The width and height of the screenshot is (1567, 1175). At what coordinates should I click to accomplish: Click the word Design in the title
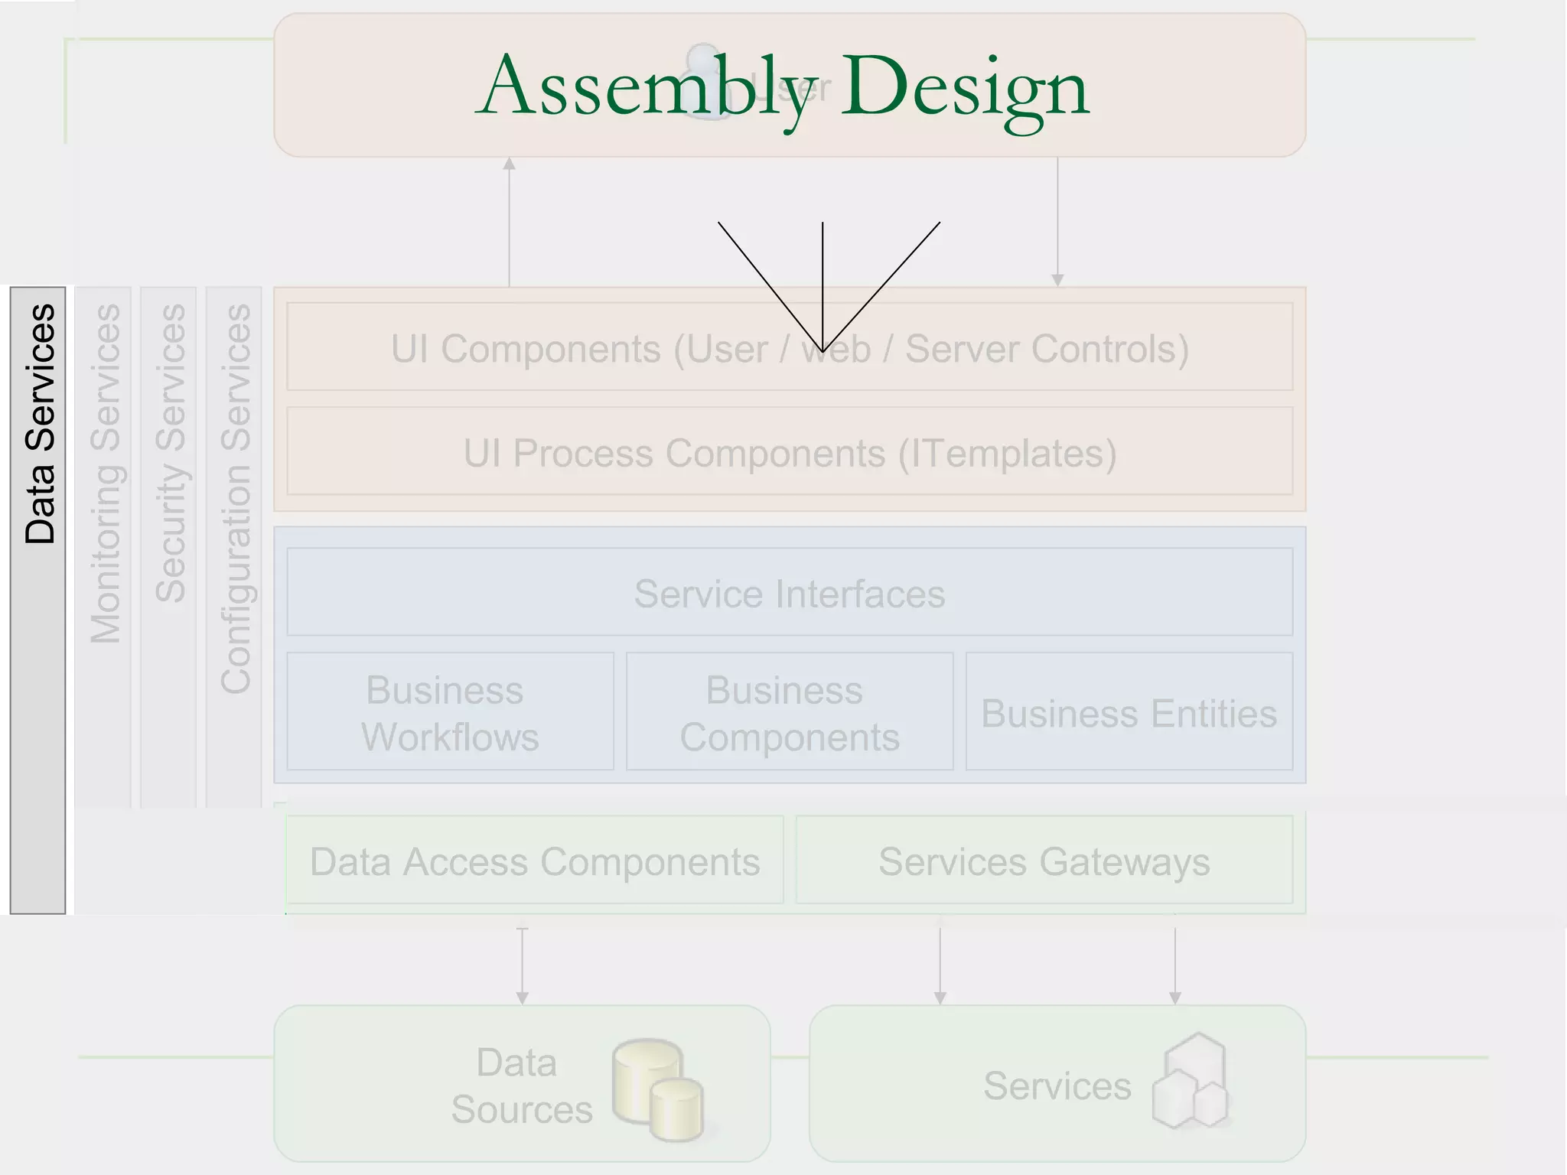(966, 87)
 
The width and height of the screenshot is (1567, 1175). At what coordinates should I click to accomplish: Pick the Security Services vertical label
(171, 453)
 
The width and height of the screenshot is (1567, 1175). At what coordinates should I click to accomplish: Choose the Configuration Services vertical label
(236, 499)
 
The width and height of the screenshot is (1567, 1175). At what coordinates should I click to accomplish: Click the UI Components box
(790, 348)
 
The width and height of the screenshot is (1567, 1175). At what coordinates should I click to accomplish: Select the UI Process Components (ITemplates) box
(790, 452)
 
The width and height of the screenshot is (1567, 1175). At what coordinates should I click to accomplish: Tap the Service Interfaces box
(790, 593)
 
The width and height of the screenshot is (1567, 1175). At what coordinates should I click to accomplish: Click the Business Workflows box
(450, 712)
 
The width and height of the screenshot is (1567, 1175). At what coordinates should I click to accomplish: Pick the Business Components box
(790, 712)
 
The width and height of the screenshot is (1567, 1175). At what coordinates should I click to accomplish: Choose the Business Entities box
(1129, 712)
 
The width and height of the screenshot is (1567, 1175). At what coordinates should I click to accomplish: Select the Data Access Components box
(535, 861)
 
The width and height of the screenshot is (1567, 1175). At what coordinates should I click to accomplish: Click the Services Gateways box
(1044, 861)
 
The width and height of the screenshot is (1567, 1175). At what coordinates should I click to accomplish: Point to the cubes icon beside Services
(1191, 1082)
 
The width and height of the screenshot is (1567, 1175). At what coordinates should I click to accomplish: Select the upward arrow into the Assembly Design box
(510, 222)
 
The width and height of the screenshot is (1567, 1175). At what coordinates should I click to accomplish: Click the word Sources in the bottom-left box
(522, 1109)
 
